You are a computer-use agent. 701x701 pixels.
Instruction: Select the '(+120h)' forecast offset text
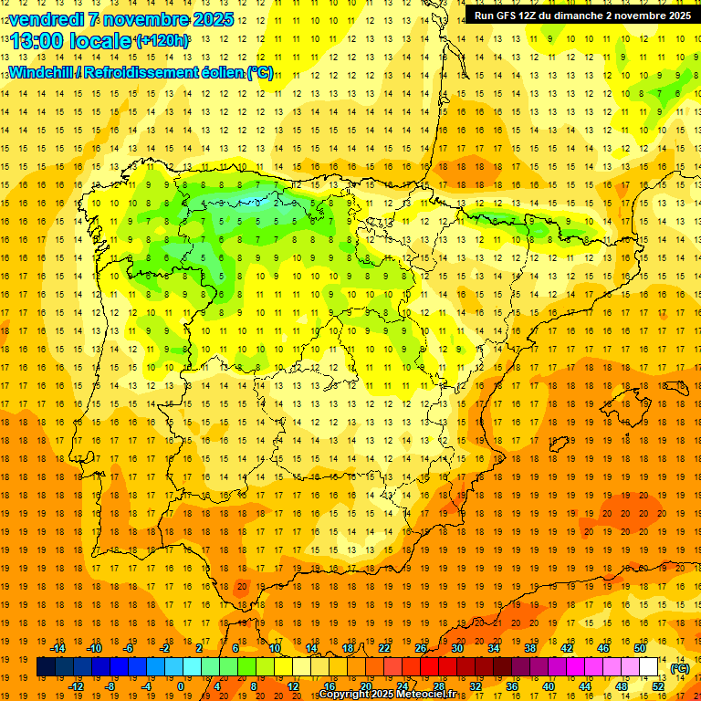162,41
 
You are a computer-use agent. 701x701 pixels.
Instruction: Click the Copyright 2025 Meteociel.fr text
387,695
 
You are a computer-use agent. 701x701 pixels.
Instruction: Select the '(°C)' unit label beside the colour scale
680,668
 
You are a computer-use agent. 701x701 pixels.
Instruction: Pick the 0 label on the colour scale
181,686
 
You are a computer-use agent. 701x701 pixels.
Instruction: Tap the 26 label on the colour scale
421,648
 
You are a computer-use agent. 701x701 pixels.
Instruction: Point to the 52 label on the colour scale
658,686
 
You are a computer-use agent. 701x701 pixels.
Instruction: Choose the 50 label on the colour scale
640,648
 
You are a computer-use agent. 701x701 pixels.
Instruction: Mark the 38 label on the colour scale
530,648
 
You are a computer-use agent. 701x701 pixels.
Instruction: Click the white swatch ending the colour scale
649,667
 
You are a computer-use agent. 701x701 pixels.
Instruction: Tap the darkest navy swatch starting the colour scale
46,667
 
